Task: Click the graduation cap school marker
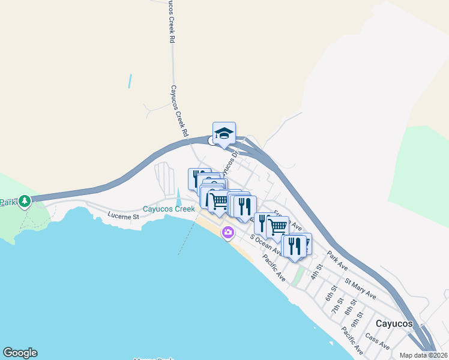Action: (x=224, y=133)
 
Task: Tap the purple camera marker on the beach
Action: (x=228, y=232)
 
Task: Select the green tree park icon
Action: (x=25, y=201)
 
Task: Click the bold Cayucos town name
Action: (x=394, y=323)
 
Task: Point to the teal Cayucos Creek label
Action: (x=168, y=209)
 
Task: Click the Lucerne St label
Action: (x=124, y=215)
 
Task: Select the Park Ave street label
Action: (x=337, y=260)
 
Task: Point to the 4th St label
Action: (x=316, y=271)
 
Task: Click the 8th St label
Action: (x=350, y=308)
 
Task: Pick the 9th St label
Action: (x=359, y=319)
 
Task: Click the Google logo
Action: (x=20, y=353)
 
